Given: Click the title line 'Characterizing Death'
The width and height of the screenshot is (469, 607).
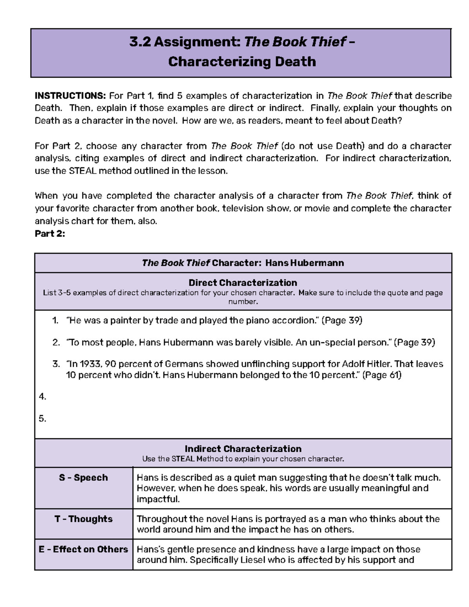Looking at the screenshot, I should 242,62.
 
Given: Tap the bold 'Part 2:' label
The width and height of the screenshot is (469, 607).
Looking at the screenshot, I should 50,234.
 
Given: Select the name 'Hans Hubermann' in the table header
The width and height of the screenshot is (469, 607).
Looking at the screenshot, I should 304,263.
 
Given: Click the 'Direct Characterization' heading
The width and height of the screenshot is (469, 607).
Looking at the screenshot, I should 243,283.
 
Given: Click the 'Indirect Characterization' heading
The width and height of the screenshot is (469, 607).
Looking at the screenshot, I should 243,449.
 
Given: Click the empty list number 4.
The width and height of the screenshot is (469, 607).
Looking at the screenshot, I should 43,397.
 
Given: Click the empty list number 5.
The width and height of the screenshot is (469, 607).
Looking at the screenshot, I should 43,419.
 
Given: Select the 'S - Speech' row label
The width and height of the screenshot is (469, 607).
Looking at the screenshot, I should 83,478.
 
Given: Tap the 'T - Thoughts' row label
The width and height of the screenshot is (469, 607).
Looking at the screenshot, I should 83,519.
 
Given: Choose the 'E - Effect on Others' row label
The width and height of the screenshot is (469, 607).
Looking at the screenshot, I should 83,549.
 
